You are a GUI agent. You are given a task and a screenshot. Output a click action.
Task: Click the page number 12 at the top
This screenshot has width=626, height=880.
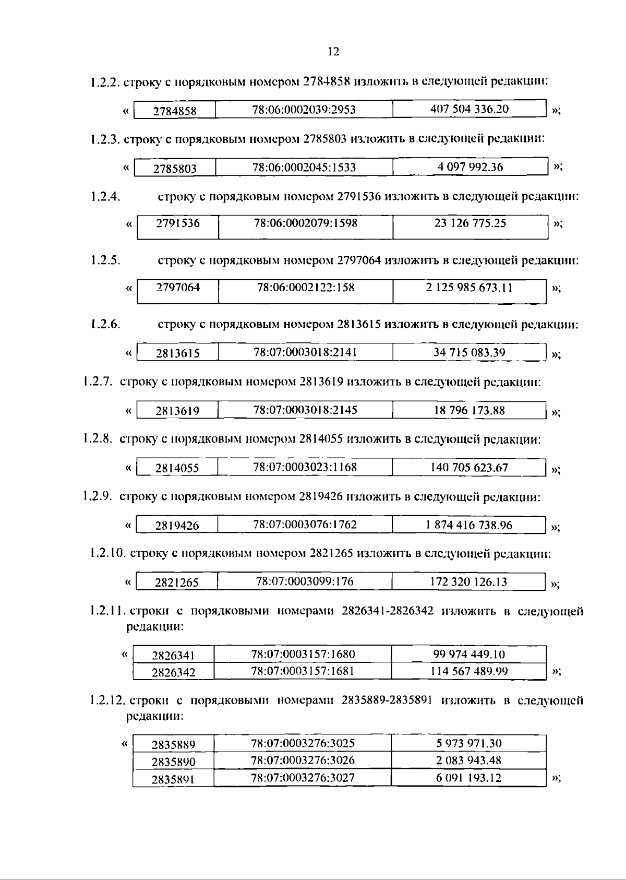pyautogui.click(x=333, y=51)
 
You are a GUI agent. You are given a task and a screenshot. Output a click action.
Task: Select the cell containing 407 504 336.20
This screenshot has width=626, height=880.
pyautogui.click(x=469, y=109)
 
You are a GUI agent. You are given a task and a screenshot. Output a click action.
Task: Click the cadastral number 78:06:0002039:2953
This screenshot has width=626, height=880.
pyautogui.click(x=304, y=110)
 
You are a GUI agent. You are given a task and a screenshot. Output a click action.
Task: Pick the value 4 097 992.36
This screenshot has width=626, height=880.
pyautogui.click(x=470, y=167)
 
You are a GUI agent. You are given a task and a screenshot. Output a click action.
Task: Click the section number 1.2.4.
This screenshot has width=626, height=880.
pyautogui.click(x=105, y=197)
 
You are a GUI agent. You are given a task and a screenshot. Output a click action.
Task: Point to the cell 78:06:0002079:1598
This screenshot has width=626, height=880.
pyautogui.click(x=306, y=223)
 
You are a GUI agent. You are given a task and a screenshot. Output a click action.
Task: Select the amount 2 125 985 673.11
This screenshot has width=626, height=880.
pyautogui.click(x=469, y=288)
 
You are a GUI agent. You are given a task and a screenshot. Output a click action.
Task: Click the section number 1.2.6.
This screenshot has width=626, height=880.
pyautogui.click(x=104, y=325)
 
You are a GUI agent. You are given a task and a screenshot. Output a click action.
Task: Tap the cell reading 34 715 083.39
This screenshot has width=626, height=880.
pyautogui.click(x=469, y=352)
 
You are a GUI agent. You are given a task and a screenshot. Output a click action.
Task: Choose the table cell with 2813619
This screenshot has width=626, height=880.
pyautogui.click(x=177, y=411)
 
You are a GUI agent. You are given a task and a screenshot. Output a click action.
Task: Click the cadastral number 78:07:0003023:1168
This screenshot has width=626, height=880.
pyautogui.click(x=305, y=467)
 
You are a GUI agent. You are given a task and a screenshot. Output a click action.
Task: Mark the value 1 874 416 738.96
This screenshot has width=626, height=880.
pyautogui.click(x=469, y=525)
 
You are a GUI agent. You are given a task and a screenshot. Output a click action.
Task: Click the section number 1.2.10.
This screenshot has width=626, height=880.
pyautogui.click(x=108, y=553)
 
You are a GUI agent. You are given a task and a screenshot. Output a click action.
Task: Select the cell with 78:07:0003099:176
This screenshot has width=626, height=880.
pyautogui.click(x=305, y=581)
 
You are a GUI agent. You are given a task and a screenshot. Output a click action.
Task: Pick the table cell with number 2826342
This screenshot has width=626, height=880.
pyautogui.click(x=173, y=672)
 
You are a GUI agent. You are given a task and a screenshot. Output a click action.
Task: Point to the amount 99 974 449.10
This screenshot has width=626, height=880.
pyautogui.click(x=469, y=655)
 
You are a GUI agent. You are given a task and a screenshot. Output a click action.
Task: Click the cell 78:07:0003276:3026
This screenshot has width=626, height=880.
pyautogui.click(x=303, y=760)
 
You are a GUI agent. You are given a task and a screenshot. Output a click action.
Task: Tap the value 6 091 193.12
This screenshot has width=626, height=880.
pyautogui.click(x=468, y=778)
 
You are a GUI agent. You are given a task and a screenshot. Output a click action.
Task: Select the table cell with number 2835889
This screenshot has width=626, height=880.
pyautogui.click(x=173, y=744)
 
